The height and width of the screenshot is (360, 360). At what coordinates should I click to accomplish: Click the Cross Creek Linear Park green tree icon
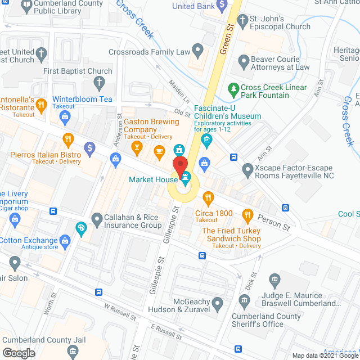[x=233, y=89]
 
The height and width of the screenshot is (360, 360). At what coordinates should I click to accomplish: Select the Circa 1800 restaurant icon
[x=209, y=197]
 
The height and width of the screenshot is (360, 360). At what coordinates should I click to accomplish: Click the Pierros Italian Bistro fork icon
[x=68, y=139]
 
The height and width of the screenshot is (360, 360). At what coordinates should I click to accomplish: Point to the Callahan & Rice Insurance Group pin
[x=96, y=218]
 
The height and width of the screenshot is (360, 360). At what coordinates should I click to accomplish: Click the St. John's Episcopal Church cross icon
[x=242, y=21]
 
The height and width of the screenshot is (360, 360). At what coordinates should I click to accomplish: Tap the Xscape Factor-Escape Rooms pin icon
[x=246, y=169]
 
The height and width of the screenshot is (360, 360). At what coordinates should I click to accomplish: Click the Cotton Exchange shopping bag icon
[x=66, y=241]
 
